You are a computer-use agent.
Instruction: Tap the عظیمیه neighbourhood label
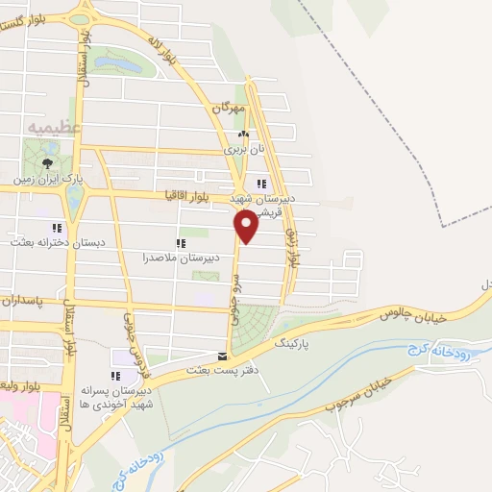[x=55, y=126]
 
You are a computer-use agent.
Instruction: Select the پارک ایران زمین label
[x=42, y=178]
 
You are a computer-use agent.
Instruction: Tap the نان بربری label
[x=242, y=149]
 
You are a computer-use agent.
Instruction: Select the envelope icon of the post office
[x=222, y=355]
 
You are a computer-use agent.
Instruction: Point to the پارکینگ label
[x=294, y=342]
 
